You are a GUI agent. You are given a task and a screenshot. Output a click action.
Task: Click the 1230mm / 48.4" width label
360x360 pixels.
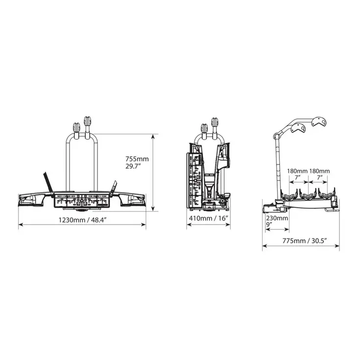tap(82, 220)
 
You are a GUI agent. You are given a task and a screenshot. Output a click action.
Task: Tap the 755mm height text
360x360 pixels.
tap(137, 159)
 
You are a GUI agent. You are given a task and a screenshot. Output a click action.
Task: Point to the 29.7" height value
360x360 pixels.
tap(133, 166)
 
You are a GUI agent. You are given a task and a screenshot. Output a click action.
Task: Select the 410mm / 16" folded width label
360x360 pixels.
tap(209, 218)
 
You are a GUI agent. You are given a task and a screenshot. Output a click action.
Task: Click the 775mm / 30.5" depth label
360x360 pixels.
tap(305, 240)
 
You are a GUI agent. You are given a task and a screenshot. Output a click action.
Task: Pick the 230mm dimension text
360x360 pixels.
tap(277, 218)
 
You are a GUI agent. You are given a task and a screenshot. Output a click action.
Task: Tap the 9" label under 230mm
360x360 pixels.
tap(269, 224)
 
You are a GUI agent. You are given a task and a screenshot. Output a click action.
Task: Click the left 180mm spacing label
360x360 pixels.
tap(298, 171)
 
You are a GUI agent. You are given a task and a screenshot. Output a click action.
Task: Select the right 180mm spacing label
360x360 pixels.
tap(319, 171)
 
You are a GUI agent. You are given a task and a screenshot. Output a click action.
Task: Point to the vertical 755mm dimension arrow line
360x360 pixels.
tap(153, 172)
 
